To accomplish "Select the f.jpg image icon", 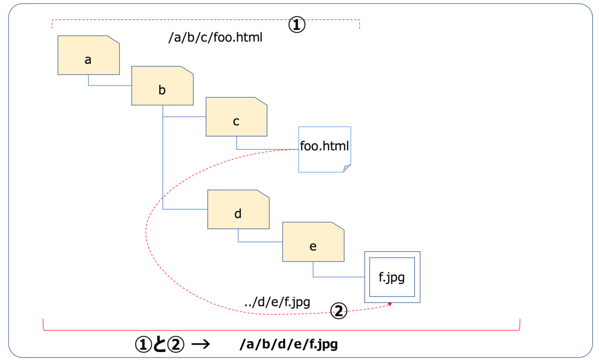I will point(392,277).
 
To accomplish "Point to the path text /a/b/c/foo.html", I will point(216,37).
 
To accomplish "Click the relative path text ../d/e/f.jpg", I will point(277,302).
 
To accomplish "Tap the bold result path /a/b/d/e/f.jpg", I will point(289,345).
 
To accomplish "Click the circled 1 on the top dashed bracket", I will point(297,25).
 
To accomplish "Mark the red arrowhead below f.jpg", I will point(390,304).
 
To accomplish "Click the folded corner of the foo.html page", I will point(347,168).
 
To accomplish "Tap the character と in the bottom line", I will point(159,345).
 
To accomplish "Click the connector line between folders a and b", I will point(110,85).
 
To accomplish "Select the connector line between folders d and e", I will point(260,242).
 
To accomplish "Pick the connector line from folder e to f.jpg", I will point(339,277).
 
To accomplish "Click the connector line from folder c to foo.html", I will point(267,149).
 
